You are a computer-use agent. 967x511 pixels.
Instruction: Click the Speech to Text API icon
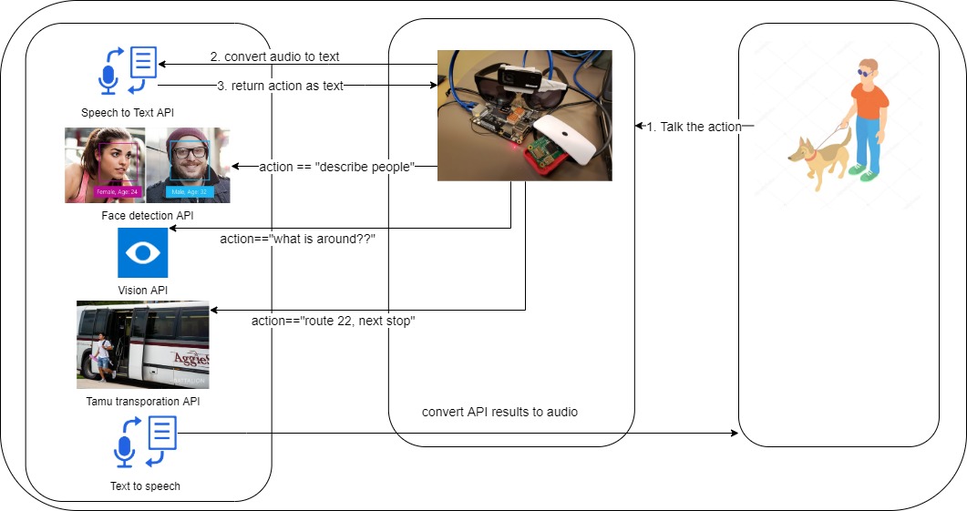click(126, 71)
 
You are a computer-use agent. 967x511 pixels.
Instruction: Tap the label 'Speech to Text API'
click(127, 113)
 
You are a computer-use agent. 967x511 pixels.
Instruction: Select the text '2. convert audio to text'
click(274, 56)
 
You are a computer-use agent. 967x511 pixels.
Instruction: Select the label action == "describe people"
click(337, 167)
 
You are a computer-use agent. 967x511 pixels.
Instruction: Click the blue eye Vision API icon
click(143, 253)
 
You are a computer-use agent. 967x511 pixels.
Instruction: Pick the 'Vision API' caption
click(143, 290)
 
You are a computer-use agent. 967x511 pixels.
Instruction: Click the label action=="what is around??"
click(298, 239)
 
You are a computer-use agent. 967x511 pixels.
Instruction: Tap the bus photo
click(143, 344)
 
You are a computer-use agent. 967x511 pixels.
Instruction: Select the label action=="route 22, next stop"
click(334, 322)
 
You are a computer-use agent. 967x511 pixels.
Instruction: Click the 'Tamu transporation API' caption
click(143, 401)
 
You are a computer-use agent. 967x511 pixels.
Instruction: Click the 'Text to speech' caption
click(145, 486)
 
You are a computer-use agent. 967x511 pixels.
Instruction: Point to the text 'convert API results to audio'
click(499, 412)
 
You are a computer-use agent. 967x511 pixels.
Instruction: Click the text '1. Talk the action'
click(694, 127)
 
